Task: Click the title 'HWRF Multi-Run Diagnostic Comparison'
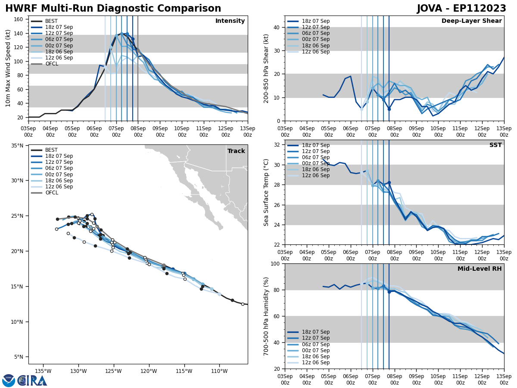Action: (113, 9)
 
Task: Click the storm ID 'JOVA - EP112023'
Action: (461, 9)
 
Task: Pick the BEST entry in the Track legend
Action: (51, 150)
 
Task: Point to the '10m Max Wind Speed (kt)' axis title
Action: (8, 68)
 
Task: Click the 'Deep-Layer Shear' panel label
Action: (471, 21)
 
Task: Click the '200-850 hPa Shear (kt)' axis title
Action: (267, 68)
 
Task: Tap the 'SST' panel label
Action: (495, 145)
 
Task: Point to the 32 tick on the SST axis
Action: (277, 145)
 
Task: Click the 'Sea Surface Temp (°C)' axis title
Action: (267, 192)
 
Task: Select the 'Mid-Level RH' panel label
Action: (480, 269)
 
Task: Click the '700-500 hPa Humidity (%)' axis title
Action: (267, 316)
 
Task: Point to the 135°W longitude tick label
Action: (43, 370)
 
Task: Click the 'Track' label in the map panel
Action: (236, 151)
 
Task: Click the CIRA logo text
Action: (32, 381)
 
